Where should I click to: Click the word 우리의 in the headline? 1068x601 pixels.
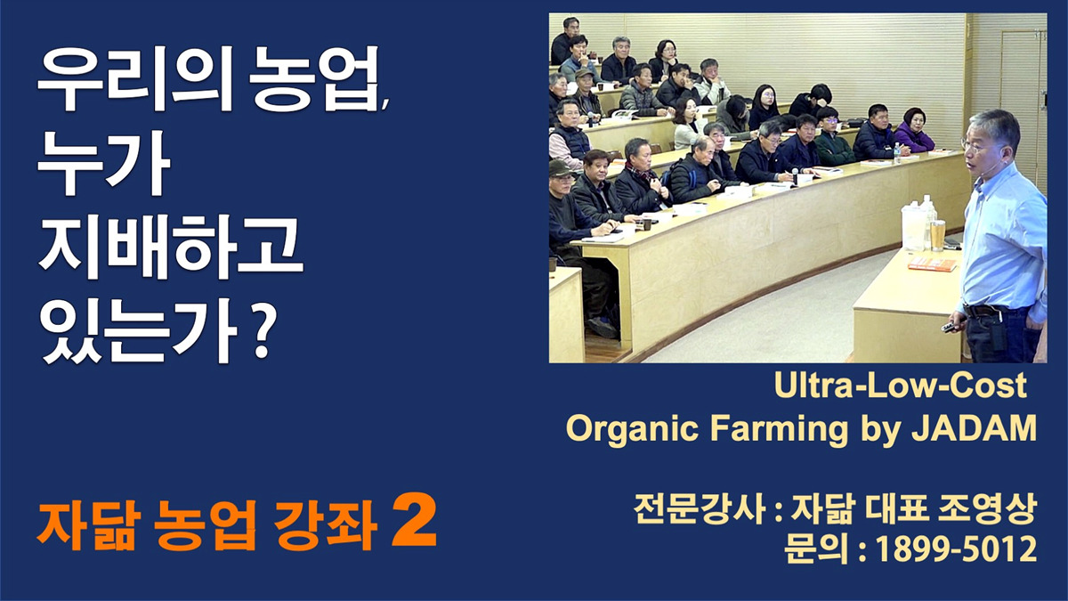[x=135, y=78]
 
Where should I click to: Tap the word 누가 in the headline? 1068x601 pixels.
[x=104, y=162]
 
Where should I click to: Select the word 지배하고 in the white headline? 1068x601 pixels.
[x=170, y=247]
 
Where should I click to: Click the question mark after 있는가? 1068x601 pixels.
[x=263, y=332]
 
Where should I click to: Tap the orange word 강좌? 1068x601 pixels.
[x=326, y=525]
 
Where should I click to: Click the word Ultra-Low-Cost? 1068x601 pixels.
[x=900, y=385]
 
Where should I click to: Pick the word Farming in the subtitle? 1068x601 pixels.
[x=779, y=429]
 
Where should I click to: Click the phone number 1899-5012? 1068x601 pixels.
[x=956, y=549]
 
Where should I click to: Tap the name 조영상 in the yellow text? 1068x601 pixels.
[x=987, y=509]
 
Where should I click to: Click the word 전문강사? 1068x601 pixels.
[x=699, y=509]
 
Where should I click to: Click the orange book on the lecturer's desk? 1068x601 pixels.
[x=933, y=264]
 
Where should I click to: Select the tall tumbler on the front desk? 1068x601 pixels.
[x=937, y=235]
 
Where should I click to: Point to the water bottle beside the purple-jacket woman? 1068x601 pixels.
[x=897, y=152]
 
